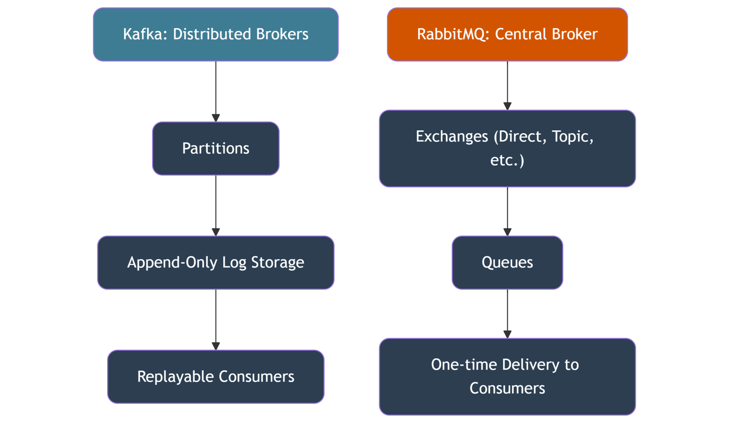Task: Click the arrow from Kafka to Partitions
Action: pyautogui.click(x=216, y=91)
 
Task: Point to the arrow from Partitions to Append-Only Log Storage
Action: pyautogui.click(x=216, y=205)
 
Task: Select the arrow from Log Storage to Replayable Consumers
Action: pyautogui.click(x=216, y=319)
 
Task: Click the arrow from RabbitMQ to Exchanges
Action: pyautogui.click(x=507, y=85)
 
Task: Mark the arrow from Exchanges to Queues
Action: pyautogui.click(x=507, y=211)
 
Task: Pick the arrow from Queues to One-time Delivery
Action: pyautogui.click(x=507, y=314)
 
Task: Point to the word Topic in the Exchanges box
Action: pyautogui.click(x=572, y=137)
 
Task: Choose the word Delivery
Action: pyautogui.click(x=531, y=365)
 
